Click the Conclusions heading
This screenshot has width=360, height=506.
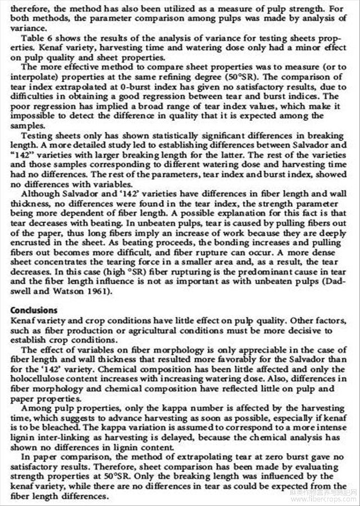[34, 310]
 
